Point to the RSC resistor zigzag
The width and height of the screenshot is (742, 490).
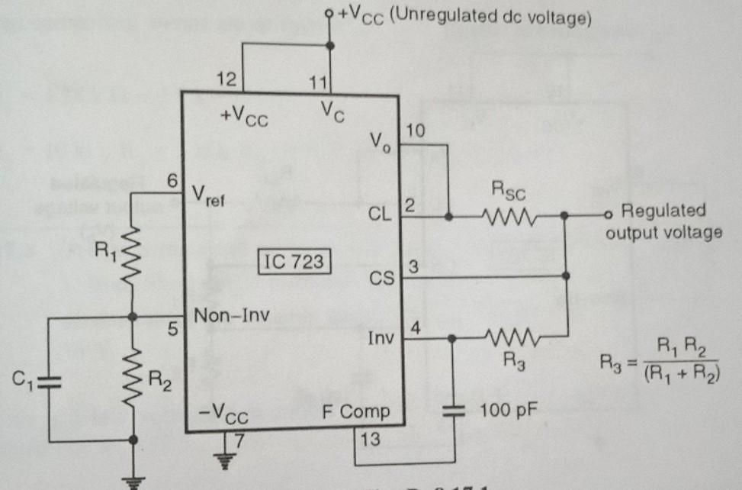[x=508, y=217]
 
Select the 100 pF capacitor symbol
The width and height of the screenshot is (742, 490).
[x=454, y=411]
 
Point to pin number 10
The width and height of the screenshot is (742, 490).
[x=415, y=131]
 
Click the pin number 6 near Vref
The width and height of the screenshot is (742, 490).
[x=172, y=182]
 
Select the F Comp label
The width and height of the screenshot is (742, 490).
[x=354, y=413]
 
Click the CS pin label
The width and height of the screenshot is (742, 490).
[x=381, y=279]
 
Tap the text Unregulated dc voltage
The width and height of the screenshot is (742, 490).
[x=491, y=17]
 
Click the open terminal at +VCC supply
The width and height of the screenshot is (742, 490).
[x=329, y=12]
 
